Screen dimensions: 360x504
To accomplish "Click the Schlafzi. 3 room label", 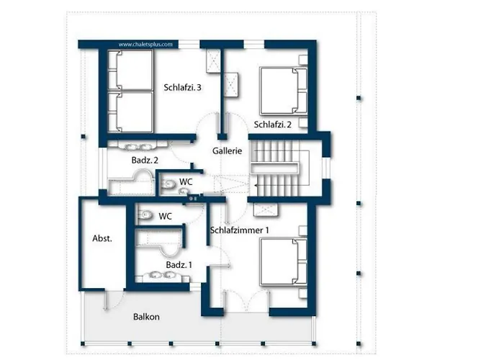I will pos(182,87).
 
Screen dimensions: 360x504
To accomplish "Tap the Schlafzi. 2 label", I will pos(272,125).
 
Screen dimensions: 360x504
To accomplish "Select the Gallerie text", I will pos(231,151).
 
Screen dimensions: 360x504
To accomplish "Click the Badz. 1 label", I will pos(179,265).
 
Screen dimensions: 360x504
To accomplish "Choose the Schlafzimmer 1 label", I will pos(240,230).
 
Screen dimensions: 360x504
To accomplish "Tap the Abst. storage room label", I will pos(102,238).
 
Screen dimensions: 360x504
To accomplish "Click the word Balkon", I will pos(146,317).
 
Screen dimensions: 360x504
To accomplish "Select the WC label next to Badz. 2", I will pos(185,182).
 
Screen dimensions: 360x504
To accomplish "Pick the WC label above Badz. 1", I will pos(165,216).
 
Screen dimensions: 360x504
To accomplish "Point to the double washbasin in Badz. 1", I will pos(161,274).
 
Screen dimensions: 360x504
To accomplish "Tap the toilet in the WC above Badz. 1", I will pos(145,215).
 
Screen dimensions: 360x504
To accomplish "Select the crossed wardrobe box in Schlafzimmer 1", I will pos(266,210).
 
